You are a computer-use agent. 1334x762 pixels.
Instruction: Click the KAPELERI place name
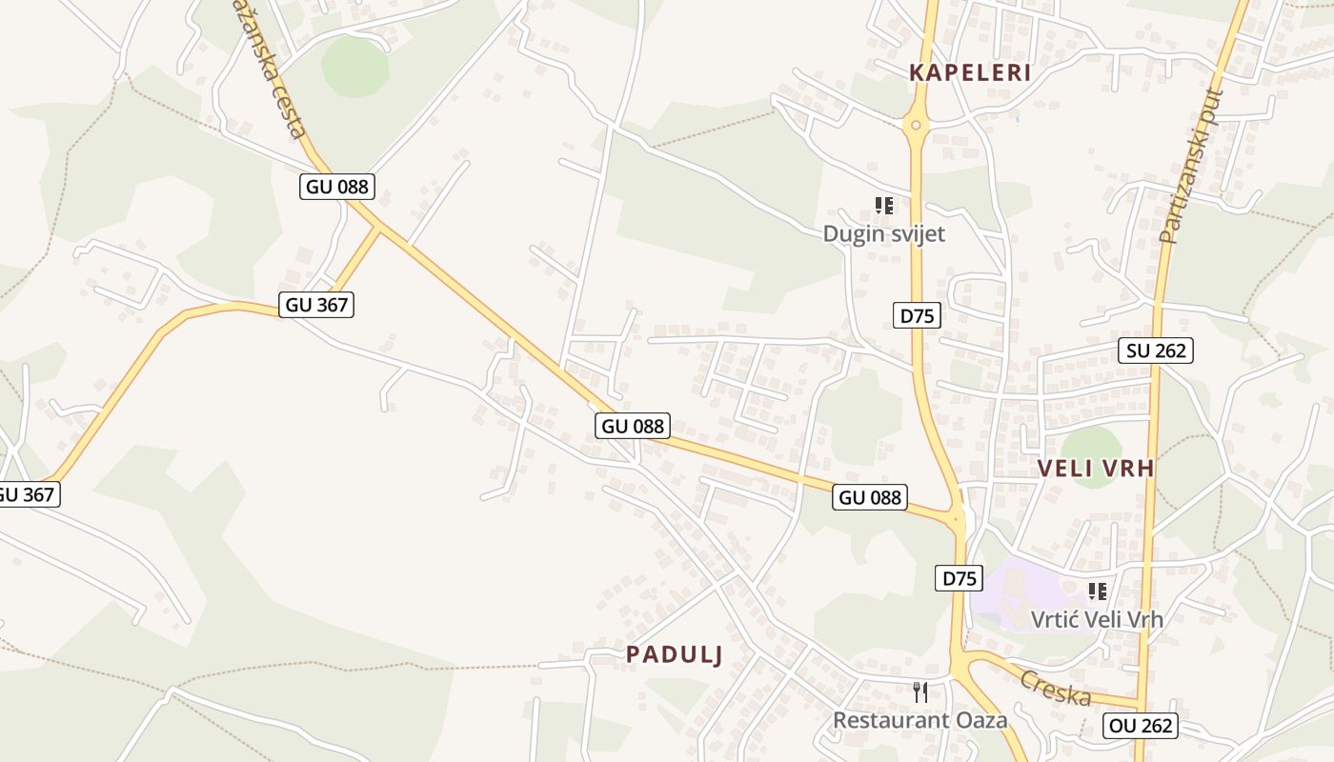970,72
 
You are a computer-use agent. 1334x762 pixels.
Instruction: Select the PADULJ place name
674,654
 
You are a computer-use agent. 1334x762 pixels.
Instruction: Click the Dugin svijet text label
884,233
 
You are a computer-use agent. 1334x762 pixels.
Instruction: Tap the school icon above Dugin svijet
884,205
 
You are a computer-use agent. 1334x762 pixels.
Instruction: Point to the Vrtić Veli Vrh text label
1097,619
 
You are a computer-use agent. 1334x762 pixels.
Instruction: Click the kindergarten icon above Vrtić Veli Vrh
1098,591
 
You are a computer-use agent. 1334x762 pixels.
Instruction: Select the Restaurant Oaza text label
920,719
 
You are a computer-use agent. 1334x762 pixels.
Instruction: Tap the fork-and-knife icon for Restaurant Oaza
920,692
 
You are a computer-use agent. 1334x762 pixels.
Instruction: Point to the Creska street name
1056,687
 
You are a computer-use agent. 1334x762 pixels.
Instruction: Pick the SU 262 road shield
1156,351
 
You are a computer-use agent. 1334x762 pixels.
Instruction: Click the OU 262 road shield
1142,726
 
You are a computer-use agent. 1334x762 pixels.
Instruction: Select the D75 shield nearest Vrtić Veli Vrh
959,578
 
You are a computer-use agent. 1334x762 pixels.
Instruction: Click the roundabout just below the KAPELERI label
916,124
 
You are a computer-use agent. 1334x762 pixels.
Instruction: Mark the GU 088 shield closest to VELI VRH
869,496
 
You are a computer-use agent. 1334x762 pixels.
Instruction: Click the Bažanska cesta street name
273,67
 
